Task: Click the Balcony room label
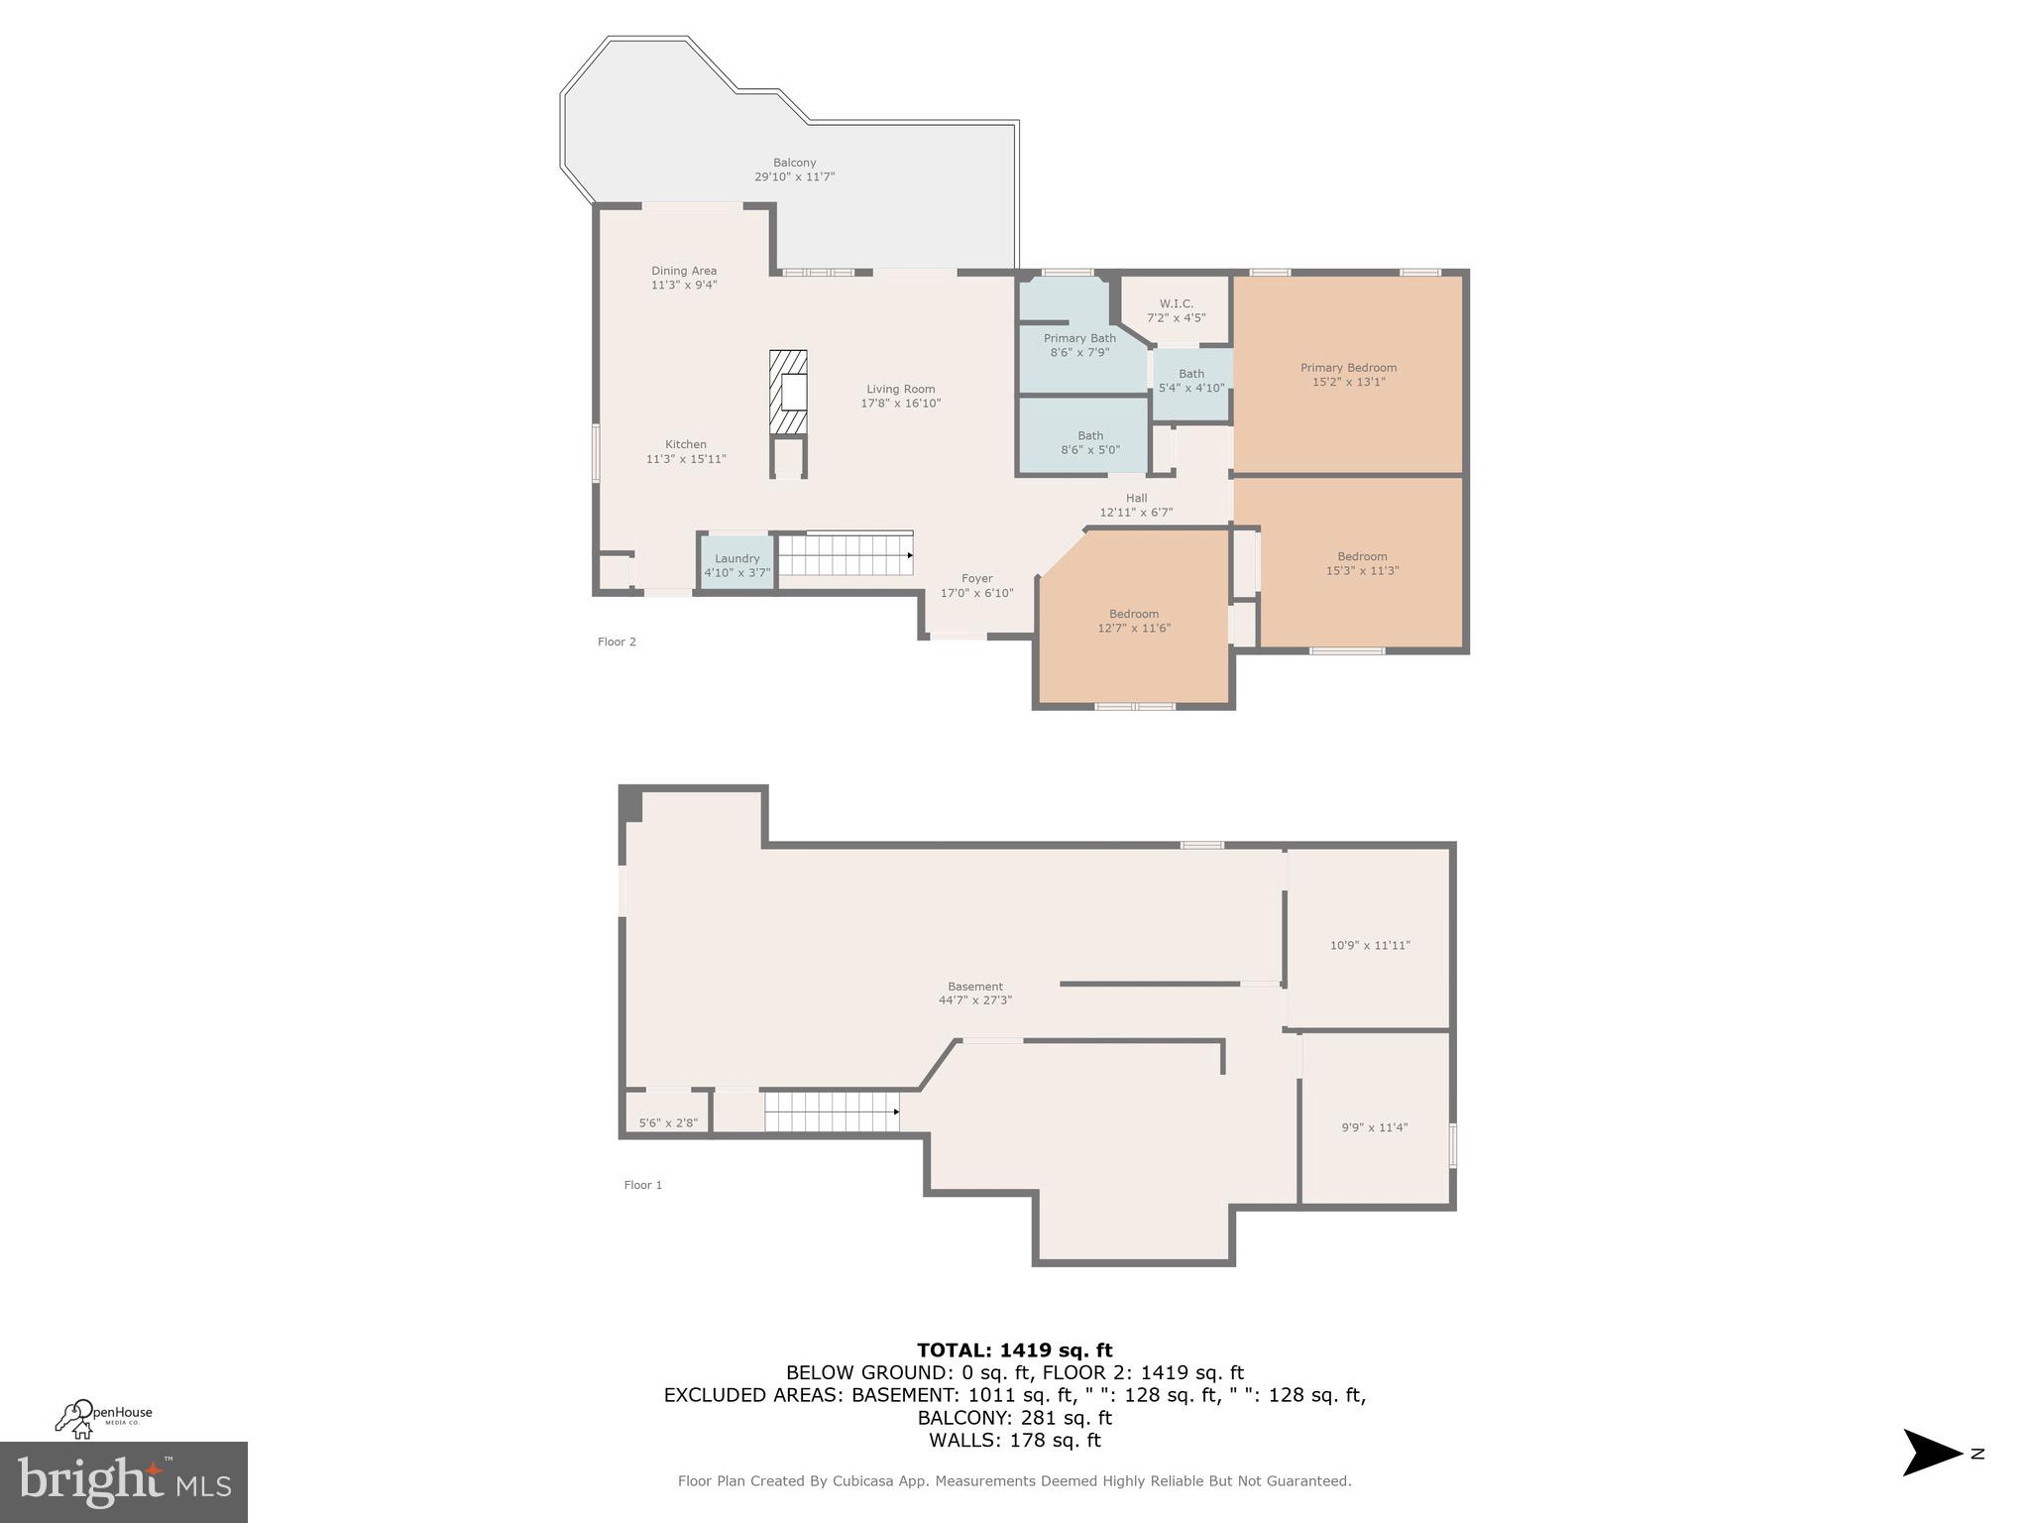(794, 164)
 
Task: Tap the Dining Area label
(684, 272)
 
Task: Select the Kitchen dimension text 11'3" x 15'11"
(686, 459)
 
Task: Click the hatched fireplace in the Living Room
(788, 392)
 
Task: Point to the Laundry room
(736, 565)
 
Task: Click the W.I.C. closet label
(1176, 304)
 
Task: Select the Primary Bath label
(1079, 339)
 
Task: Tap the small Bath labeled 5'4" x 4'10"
(1191, 381)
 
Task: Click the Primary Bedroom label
(1348, 368)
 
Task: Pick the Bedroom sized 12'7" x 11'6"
(1134, 621)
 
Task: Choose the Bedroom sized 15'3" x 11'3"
(1362, 563)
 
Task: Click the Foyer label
(976, 579)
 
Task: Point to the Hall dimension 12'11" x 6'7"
(1136, 513)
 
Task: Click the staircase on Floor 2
(845, 555)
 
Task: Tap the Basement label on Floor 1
(975, 987)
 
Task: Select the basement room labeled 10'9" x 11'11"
(1370, 945)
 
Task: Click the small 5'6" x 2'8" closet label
(668, 1123)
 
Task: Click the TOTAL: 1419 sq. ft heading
(1014, 1349)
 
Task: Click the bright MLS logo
(124, 1481)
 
